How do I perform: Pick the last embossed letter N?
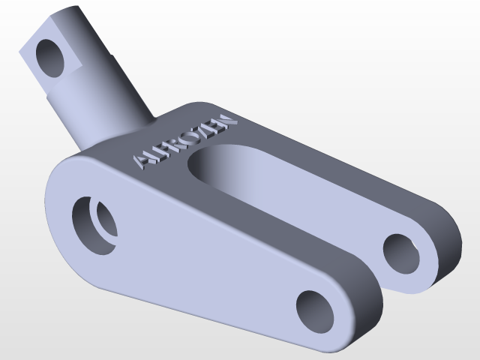pyautogui.click(x=226, y=121)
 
